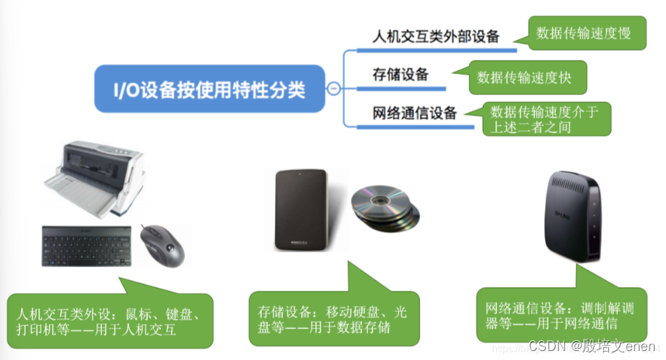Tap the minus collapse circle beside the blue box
[x=332, y=90]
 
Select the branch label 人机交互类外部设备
[x=437, y=35]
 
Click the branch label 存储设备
[x=401, y=74]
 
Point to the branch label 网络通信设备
[x=415, y=113]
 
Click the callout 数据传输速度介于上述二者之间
[x=546, y=119]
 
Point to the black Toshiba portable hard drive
[x=301, y=211]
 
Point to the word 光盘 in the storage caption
[x=401, y=311]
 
